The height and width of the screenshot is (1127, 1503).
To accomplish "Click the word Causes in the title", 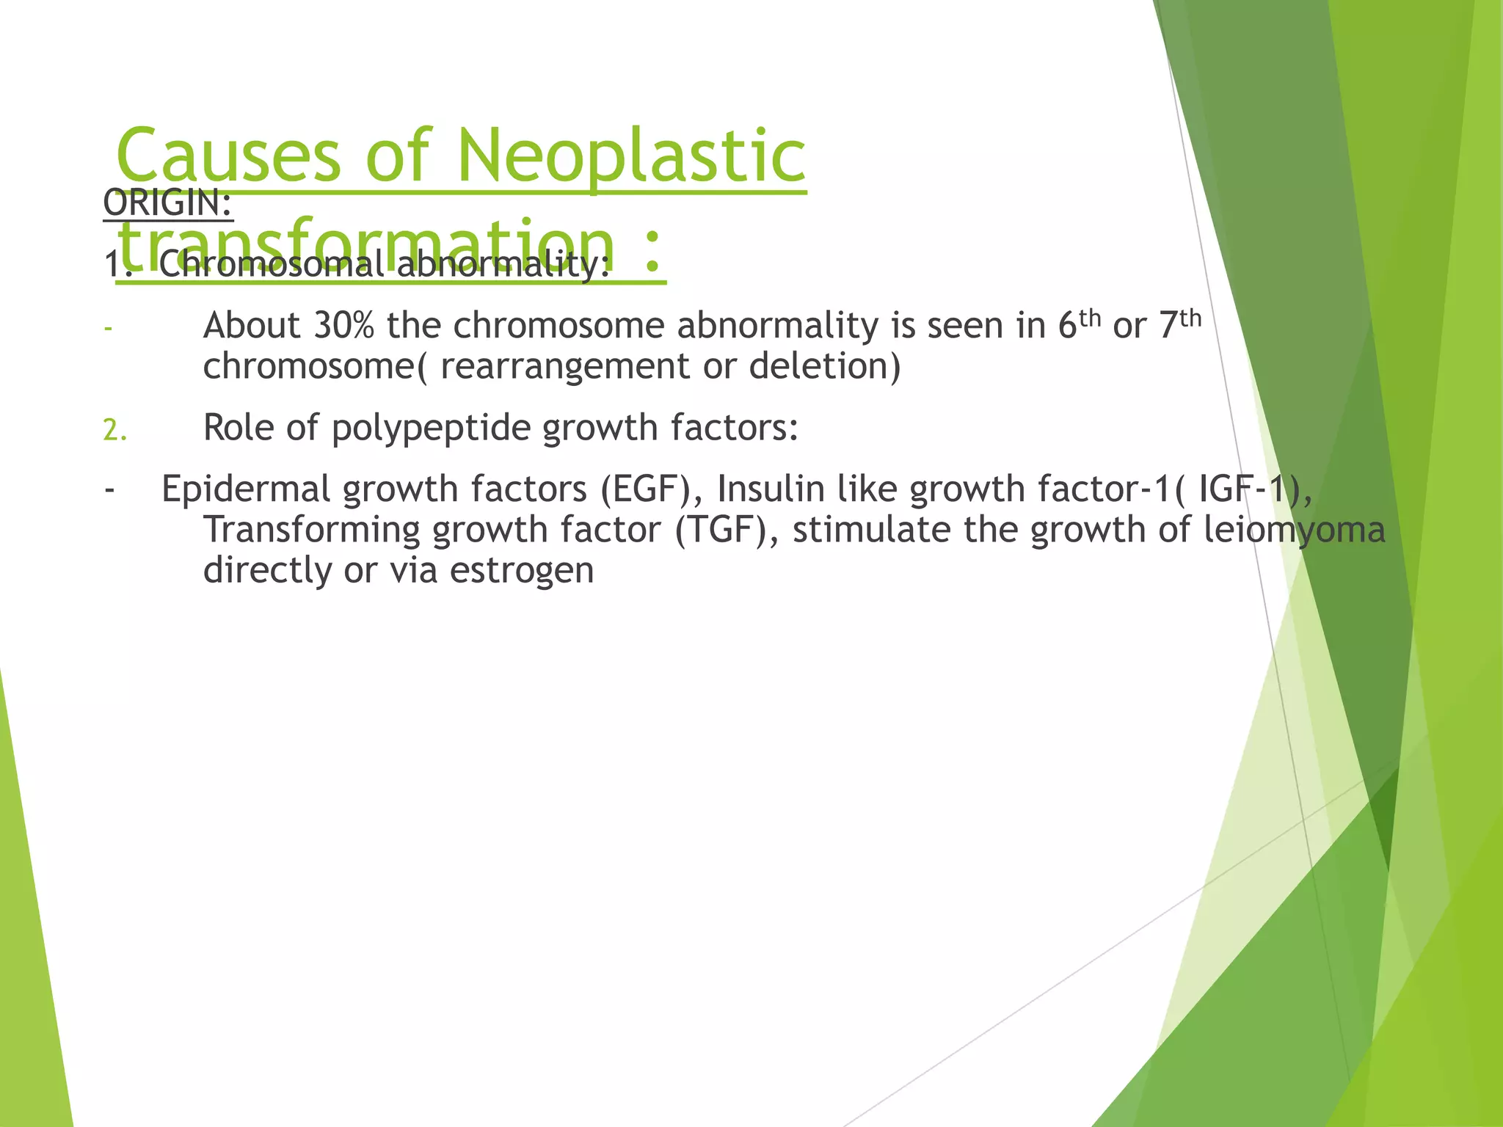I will (228, 156).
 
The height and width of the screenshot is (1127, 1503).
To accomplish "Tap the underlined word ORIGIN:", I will (168, 203).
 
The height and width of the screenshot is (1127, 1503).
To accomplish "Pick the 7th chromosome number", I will (1179, 324).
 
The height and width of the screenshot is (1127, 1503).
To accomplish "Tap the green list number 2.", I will (114, 430).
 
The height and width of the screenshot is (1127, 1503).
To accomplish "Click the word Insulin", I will (771, 489).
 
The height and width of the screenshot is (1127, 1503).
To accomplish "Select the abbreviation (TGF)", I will (727, 530).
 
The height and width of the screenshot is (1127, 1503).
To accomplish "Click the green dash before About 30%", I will (108, 328).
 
